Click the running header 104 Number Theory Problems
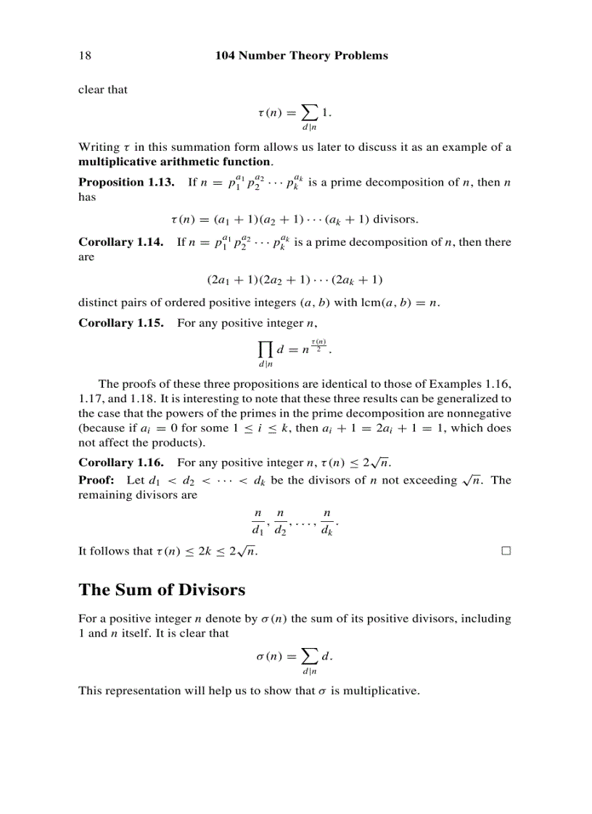[x=302, y=56]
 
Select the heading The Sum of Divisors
[x=162, y=589]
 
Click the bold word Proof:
[x=96, y=480]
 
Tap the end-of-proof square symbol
[x=506, y=551]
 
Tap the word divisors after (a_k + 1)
[x=395, y=219]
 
